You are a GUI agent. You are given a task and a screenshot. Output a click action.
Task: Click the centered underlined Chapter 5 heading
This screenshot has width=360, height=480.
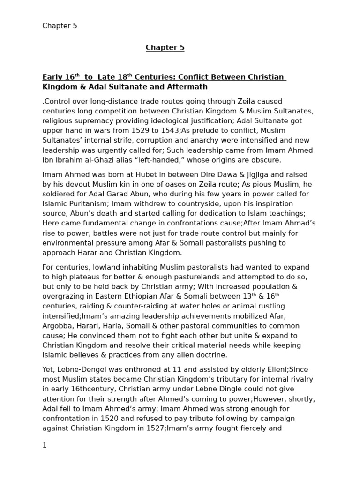point(165,48)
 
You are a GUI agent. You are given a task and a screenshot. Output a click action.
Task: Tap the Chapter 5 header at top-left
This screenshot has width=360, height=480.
point(60,26)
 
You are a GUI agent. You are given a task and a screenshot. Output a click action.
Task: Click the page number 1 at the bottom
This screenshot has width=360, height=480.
point(45,445)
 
